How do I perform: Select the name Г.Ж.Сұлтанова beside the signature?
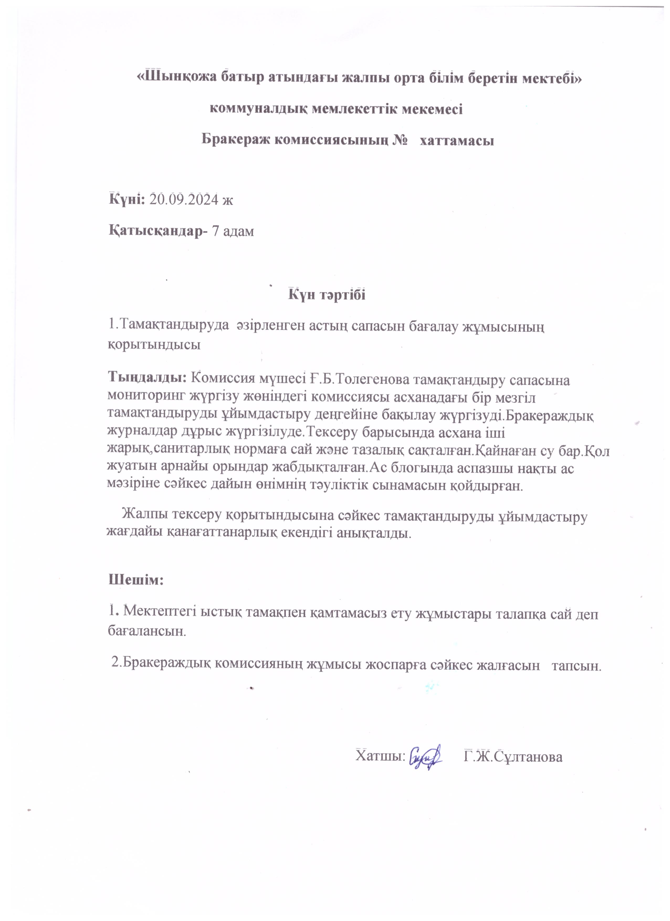click(x=513, y=756)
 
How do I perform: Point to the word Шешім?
click(x=136, y=579)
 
